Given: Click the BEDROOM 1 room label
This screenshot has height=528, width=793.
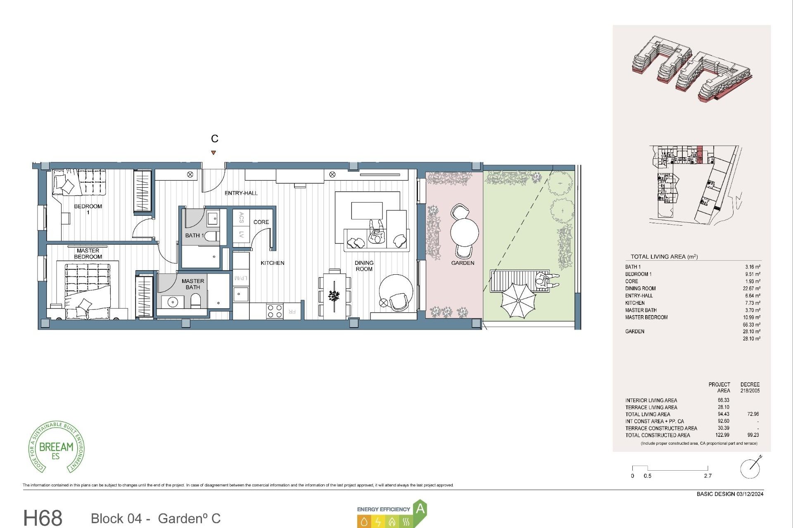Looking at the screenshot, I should click(88, 209).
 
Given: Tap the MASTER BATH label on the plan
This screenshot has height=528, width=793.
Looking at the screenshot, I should click(192, 284).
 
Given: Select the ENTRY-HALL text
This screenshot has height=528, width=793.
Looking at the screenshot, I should click(241, 193).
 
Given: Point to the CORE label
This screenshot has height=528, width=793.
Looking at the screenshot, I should click(261, 222).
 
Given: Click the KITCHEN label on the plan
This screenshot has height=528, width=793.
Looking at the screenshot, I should click(272, 263).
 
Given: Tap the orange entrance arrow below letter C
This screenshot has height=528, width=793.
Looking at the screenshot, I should click(214, 153).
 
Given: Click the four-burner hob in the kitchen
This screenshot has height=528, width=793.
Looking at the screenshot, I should click(275, 311).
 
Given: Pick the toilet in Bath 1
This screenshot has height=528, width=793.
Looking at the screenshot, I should click(211, 236).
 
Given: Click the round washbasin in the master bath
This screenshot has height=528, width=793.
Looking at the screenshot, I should click(173, 302).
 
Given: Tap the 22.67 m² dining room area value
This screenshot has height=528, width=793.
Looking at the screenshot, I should click(751, 288).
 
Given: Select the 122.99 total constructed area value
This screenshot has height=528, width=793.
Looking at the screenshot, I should click(722, 435).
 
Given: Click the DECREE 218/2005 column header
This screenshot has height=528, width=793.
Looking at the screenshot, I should click(750, 387).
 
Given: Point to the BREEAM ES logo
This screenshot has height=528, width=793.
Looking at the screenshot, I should click(56, 448).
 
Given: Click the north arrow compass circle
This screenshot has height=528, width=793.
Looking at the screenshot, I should click(750, 469).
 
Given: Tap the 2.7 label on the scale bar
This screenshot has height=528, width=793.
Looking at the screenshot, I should click(708, 476).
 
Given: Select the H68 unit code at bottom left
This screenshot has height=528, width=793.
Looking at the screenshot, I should click(43, 518).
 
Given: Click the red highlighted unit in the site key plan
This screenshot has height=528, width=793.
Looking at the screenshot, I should click(700, 155).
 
